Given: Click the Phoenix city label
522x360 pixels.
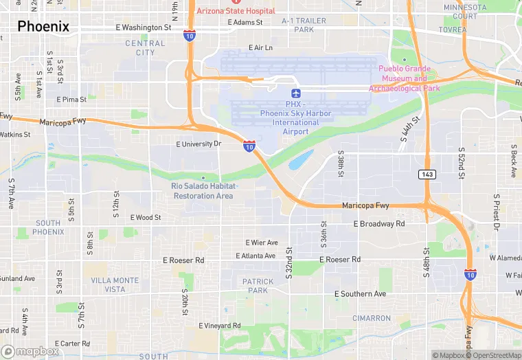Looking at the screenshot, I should tap(43, 27).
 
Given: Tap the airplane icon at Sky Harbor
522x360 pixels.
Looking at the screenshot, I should tap(296, 93).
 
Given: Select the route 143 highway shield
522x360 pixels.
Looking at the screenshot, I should tap(427, 175).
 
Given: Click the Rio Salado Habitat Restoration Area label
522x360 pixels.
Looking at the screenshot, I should tap(203, 190).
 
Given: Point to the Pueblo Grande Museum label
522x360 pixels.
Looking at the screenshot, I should tap(404, 78).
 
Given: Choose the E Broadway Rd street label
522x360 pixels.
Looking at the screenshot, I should tap(378, 224).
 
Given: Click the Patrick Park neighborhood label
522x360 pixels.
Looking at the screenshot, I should tap(258, 286).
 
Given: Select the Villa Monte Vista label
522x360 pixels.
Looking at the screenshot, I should tap(115, 285).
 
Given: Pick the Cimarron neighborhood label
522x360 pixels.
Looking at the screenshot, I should tap(372, 318).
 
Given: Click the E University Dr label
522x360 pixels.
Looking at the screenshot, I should tap(198, 144).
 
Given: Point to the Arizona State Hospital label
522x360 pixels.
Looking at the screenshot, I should tap(236, 11).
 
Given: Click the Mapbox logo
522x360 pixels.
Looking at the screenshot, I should tap(30, 351).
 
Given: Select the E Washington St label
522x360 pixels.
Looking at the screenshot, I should tap(144, 27).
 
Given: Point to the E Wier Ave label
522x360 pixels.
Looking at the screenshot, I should tap(262, 243).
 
